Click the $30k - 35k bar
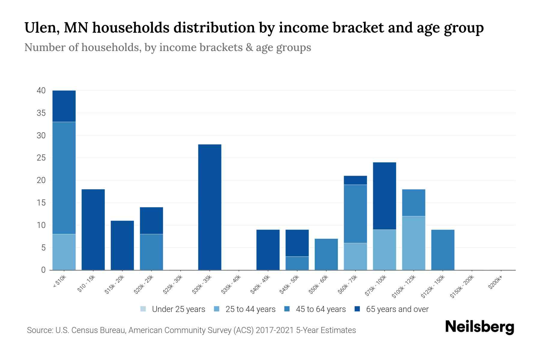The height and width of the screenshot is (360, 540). click(x=210, y=207)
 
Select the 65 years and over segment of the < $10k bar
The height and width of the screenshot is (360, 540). click(x=64, y=106)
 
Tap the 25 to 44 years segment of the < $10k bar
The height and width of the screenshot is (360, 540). click(x=64, y=252)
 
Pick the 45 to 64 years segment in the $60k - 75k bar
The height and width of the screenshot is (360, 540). click(x=355, y=214)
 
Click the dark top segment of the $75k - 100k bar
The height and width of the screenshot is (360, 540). click(x=384, y=196)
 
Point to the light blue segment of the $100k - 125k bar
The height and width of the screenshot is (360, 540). click(x=413, y=243)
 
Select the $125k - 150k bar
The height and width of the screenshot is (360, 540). click(x=442, y=250)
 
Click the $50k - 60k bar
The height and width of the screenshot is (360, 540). click(x=326, y=254)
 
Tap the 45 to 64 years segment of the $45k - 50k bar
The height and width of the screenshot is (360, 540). click(x=297, y=263)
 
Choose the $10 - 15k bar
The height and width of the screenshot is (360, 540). click(x=93, y=229)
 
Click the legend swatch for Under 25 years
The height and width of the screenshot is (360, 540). click(x=143, y=309)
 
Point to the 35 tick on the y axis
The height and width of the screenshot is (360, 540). click(x=41, y=113)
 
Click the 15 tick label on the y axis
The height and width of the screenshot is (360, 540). click(x=41, y=203)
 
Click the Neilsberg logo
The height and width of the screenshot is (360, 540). click(x=479, y=327)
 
